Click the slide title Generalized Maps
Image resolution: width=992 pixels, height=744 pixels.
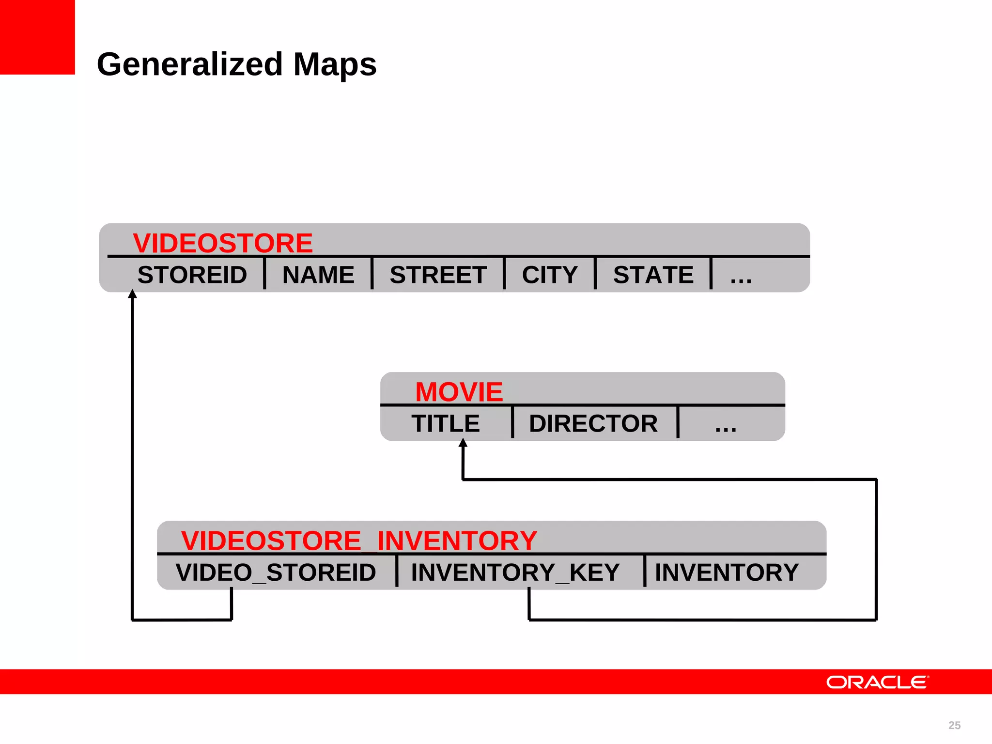[236, 64]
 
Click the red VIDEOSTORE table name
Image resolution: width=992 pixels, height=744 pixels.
[223, 243]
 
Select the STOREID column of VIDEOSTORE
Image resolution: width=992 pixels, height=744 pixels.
[192, 275]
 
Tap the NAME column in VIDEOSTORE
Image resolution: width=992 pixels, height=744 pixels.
[318, 275]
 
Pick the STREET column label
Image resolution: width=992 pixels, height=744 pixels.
[438, 275]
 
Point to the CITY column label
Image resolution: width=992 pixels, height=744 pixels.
[550, 275]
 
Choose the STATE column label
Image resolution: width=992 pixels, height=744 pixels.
[653, 275]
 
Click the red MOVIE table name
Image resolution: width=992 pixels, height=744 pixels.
[459, 391]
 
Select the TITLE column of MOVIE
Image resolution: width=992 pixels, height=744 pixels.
[446, 424]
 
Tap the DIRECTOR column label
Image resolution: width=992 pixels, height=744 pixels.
[593, 424]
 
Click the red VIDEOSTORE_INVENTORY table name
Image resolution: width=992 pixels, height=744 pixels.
[359, 540]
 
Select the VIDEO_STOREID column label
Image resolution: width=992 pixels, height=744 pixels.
[276, 573]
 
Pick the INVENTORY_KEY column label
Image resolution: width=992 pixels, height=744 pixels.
[515, 573]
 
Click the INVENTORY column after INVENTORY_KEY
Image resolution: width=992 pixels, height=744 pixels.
[727, 573]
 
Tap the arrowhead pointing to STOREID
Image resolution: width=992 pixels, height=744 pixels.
[132, 294]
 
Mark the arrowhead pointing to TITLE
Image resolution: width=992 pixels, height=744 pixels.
[463, 442]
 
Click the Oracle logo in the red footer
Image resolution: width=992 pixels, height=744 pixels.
[877, 682]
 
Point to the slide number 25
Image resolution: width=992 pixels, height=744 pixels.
[954, 725]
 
